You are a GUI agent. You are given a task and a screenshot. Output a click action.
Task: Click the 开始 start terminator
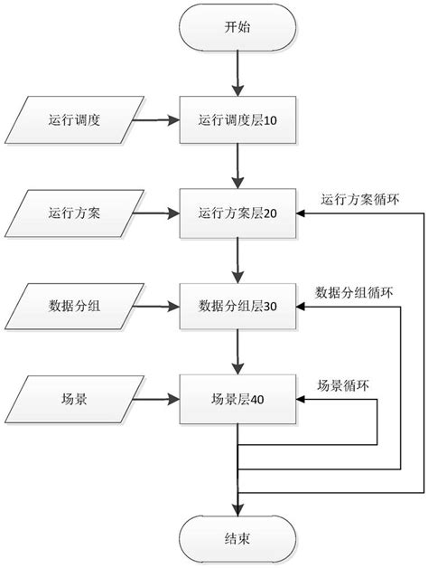point(237,28)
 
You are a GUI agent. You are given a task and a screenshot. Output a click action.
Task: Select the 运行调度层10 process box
point(237,118)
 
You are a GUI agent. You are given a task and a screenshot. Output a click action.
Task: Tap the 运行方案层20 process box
point(237,214)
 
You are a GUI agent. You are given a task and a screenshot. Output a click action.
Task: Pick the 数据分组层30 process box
point(237,307)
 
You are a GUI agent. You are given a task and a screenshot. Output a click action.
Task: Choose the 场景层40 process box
point(237,398)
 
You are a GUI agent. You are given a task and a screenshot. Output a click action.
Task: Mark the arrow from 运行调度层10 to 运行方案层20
point(237,166)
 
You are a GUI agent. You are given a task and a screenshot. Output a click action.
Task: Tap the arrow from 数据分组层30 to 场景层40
point(237,353)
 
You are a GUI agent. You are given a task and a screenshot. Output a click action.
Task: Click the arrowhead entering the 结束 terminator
point(237,509)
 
